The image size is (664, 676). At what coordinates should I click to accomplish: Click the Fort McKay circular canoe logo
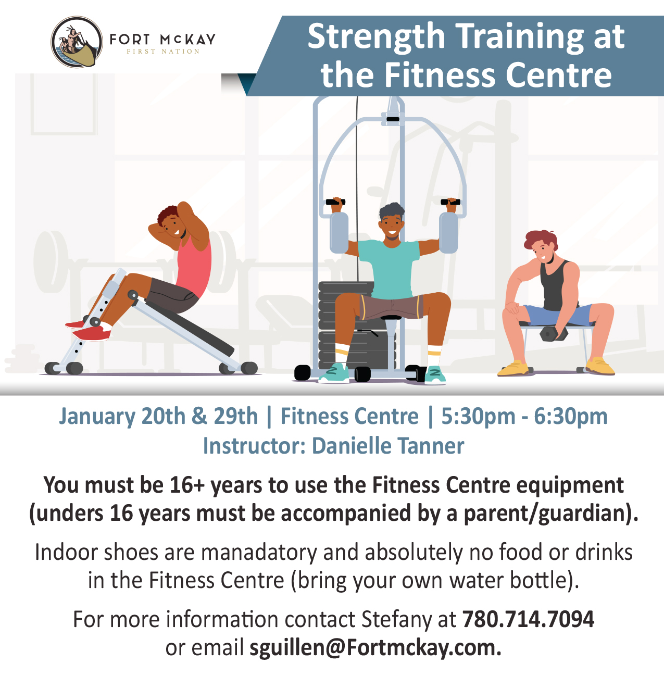(x=77, y=42)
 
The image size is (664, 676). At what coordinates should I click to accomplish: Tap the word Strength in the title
(x=376, y=36)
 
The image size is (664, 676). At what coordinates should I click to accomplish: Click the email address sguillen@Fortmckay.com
(x=375, y=647)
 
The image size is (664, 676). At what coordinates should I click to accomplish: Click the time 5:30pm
(x=478, y=417)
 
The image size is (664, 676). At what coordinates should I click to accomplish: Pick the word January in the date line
(x=97, y=417)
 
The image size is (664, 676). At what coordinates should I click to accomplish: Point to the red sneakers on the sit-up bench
(x=90, y=330)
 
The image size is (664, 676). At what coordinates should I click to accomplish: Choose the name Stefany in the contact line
(x=396, y=620)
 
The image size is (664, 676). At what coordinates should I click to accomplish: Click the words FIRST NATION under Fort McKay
(x=163, y=52)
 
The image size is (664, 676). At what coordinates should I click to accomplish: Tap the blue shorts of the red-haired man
(x=557, y=315)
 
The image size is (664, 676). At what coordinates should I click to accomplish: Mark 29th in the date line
(x=236, y=417)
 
